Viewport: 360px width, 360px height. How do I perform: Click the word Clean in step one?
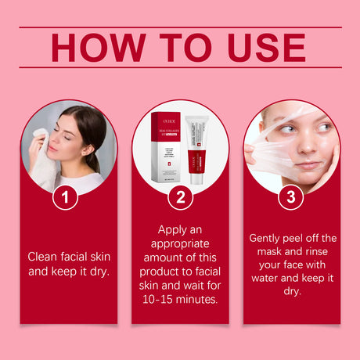(43, 256)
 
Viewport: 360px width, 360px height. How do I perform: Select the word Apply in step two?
(174, 230)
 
